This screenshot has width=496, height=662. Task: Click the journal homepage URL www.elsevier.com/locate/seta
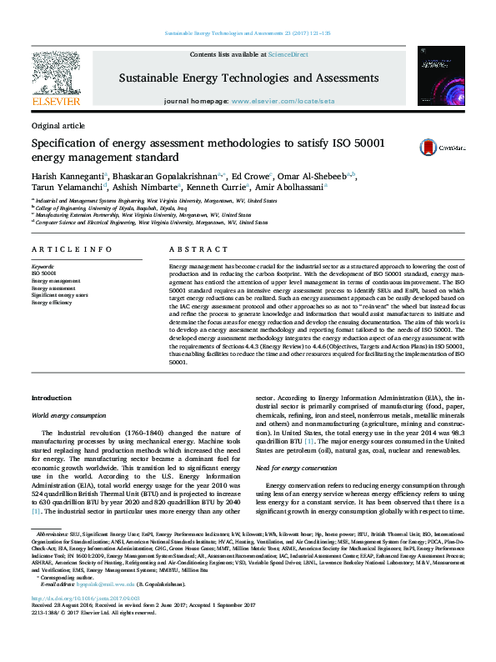tap(283, 100)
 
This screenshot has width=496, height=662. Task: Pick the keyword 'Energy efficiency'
tap(52, 303)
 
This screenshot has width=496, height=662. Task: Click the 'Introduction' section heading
tap(51, 398)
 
